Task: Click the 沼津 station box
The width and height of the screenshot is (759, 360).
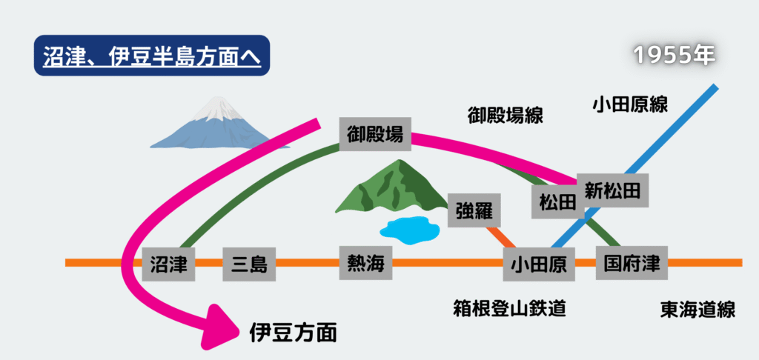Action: pyautogui.click(x=168, y=263)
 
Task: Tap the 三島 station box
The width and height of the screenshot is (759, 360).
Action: pyautogui.click(x=249, y=263)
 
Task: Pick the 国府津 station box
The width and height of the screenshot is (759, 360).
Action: pyautogui.click(x=632, y=263)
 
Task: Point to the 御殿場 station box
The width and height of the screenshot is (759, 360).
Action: pyautogui.click(x=376, y=134)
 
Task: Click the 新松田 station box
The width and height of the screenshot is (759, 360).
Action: pyautogui.click(x=612, y=189)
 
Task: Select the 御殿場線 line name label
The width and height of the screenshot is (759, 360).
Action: pyautogui.click(x=506, y=116)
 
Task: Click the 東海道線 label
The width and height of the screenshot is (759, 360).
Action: pyautogui.click(x=697, y=309)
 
